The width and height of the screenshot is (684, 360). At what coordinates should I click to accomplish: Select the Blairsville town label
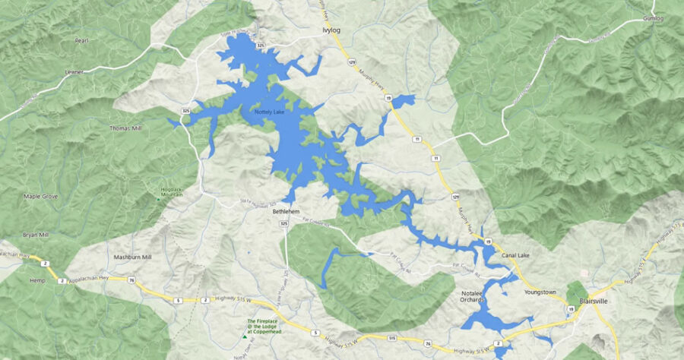597,301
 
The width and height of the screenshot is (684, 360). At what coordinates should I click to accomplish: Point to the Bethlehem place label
287,213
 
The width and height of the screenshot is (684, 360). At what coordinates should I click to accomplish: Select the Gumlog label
653,17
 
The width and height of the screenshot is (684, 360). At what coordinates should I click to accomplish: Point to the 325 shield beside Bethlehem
283,224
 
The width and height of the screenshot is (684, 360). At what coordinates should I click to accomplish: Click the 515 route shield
391,337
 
